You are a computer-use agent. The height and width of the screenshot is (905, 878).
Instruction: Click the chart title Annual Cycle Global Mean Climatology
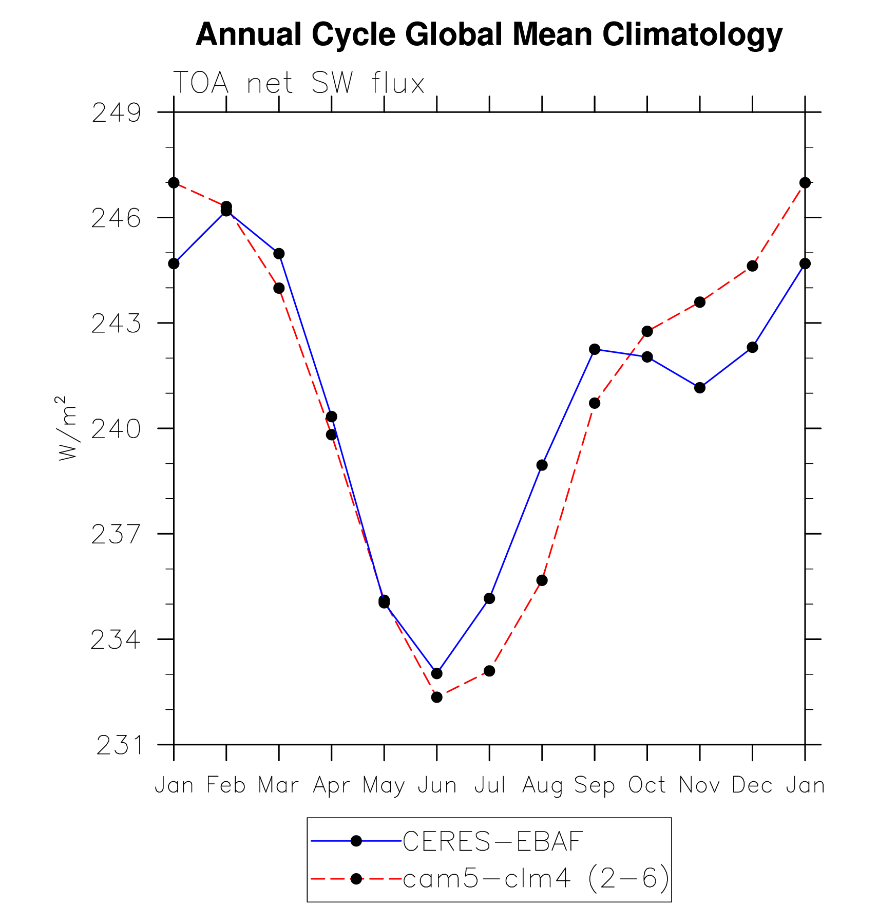click(489, 34)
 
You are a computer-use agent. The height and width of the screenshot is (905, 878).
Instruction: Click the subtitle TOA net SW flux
click(299, 83)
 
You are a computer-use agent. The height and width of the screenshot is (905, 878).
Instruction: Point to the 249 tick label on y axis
click(116, 112)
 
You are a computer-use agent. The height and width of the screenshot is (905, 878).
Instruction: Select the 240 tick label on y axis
click(116, 429)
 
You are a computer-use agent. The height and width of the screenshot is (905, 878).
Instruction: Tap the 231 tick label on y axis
click(119, 745)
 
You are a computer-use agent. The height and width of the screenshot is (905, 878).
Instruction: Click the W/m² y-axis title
click(67, 428)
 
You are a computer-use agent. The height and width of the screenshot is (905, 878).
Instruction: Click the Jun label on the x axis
click(437, 785)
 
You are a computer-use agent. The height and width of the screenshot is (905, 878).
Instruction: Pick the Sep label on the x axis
click(594, 785)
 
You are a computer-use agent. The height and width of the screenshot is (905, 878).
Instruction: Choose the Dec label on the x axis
click(752, 785)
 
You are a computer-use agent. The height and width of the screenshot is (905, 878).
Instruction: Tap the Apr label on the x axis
click(331, 785)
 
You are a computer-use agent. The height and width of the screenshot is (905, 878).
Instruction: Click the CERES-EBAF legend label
click(492, 841)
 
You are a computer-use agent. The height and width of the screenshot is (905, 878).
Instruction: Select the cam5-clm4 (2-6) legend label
click(536, 879)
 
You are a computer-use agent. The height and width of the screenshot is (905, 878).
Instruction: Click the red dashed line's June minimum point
click(437, 697)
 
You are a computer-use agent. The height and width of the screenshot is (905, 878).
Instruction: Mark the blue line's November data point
click(700, 388)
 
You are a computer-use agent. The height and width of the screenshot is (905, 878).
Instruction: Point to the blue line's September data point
click(595, 349)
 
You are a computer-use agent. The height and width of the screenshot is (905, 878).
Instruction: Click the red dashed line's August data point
click(542, 580)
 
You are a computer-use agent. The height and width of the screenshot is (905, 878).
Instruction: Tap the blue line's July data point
click(489, 598)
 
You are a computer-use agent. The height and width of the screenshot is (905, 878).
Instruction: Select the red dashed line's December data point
click(752, 266)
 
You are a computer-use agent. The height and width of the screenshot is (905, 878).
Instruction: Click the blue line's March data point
click(279, 254)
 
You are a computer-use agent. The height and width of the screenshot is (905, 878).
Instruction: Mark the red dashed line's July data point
click(489, 671)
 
